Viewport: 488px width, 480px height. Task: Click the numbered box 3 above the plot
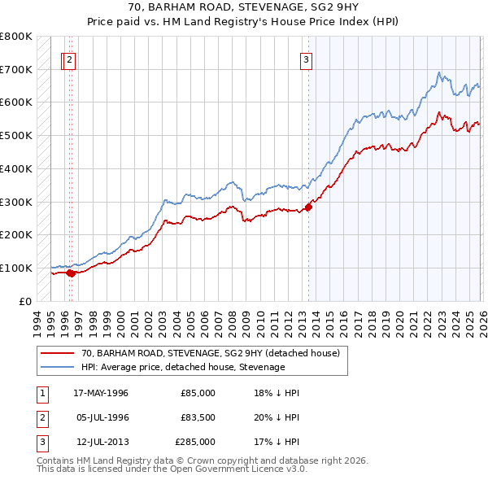[307, 59]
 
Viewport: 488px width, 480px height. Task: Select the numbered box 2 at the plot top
[70, 59]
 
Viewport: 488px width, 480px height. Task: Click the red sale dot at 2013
[308, 207]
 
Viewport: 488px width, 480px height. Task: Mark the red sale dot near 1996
[71, 273]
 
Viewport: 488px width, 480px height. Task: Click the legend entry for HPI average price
[183, 367]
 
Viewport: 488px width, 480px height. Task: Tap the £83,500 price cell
[198, 417]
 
